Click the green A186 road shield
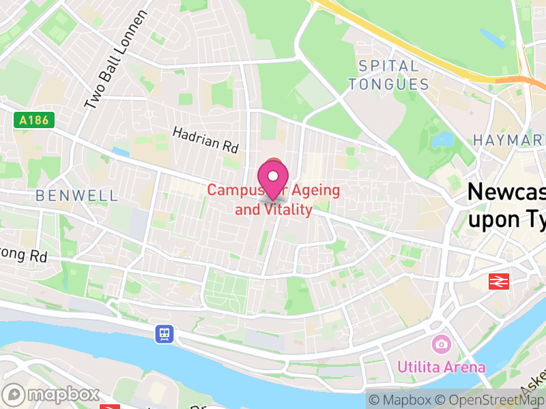coord(33,121)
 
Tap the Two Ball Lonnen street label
coord(117,61)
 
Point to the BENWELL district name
coord(76,196)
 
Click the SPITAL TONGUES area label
coord(389,76)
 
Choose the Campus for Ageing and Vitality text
coord(273,200)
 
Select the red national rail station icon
coord(500,280)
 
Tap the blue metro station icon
coord(164,334)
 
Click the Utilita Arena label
coord(442,367)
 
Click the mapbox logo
coord(52,394)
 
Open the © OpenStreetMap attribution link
coord(491,400)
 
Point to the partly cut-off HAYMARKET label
coord(509,140)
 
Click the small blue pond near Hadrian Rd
coord(121,151)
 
